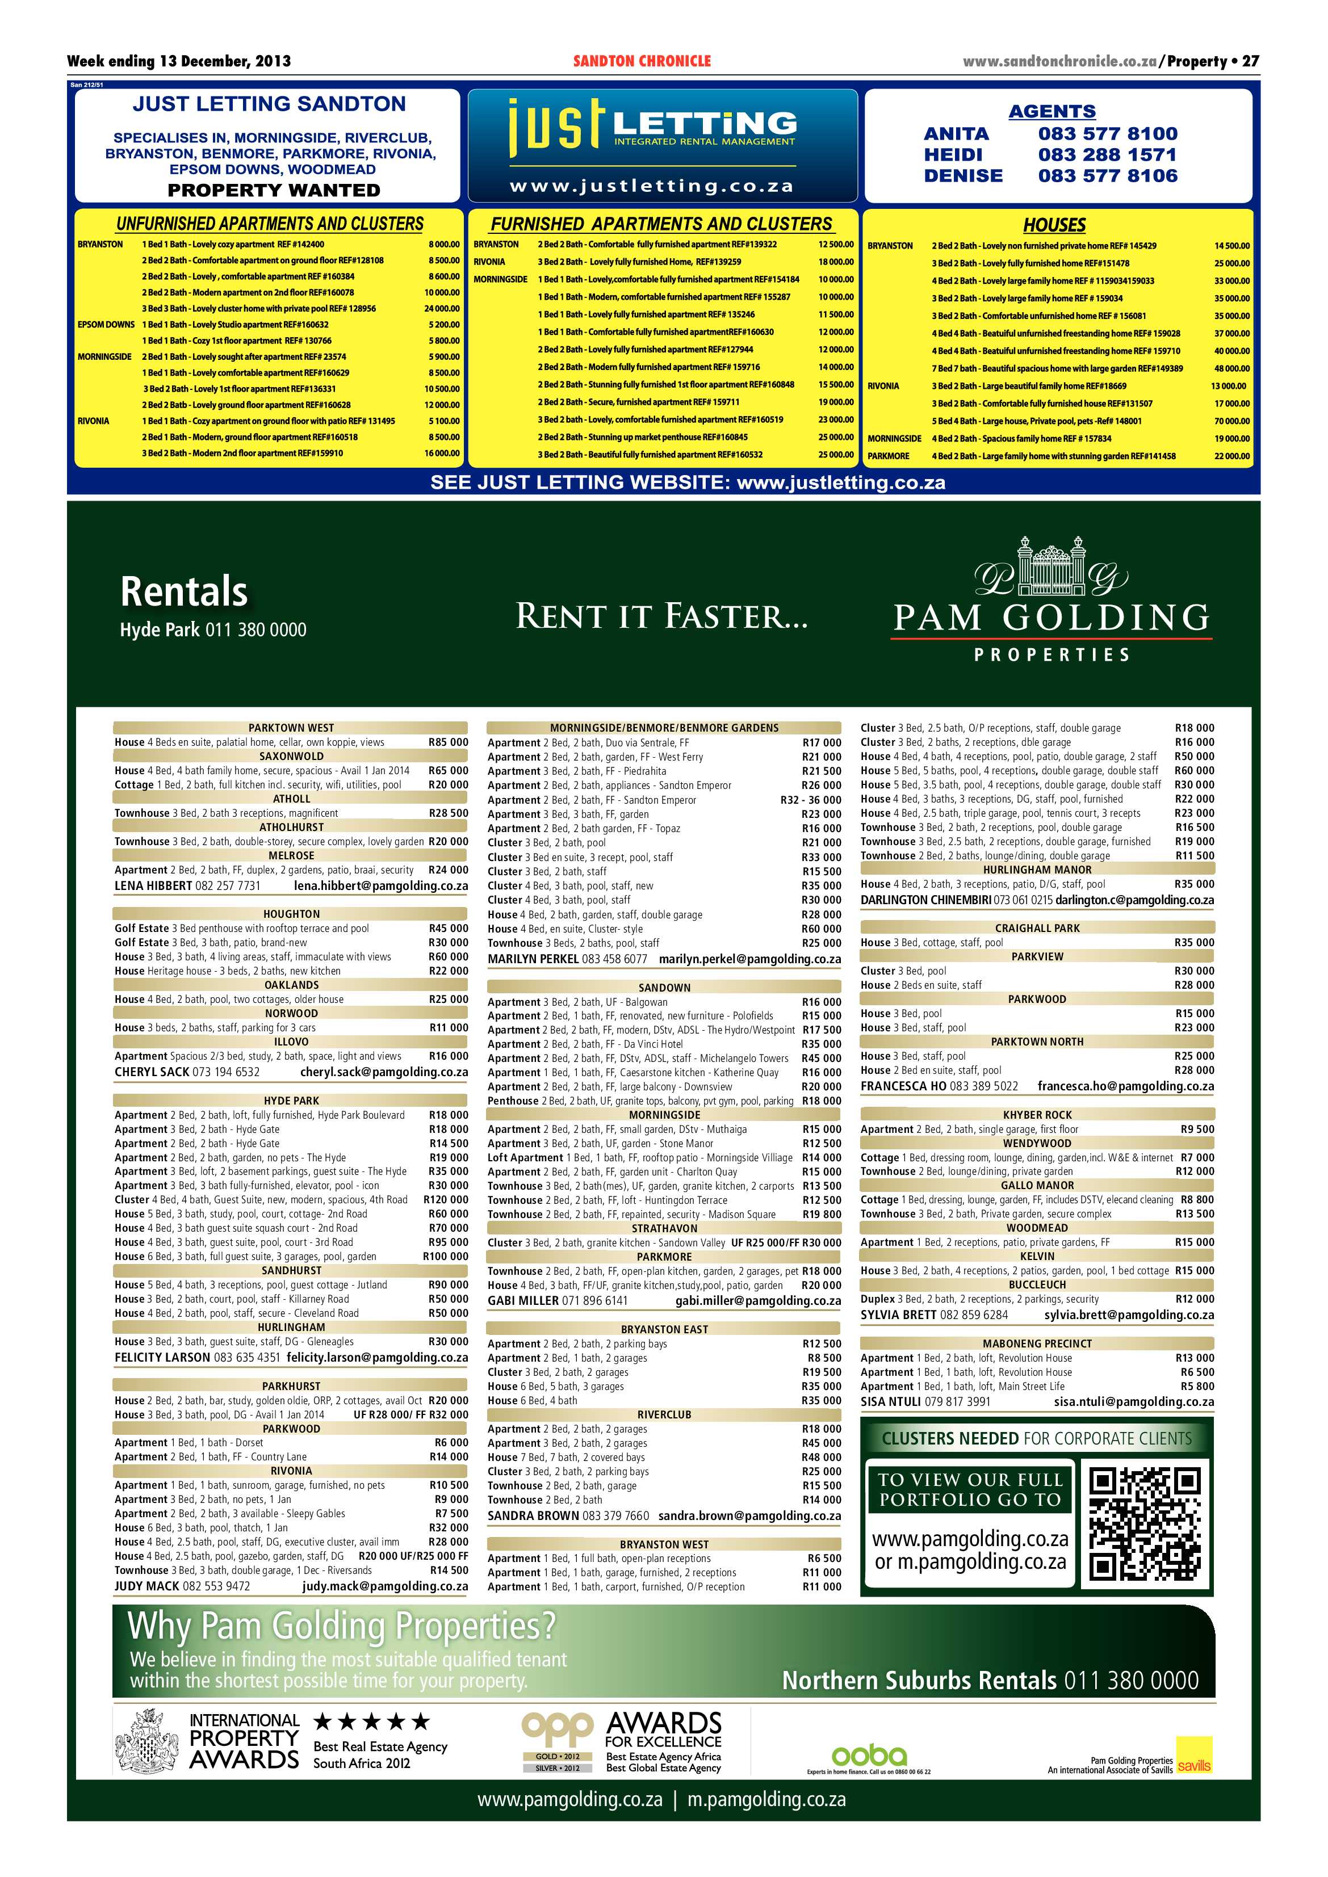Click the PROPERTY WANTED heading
pyautogui.click(x=274, y=191)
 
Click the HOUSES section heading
pyautogui.click(x=1054, y=225)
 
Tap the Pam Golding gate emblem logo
pyautogui.click(x=1051, y=568)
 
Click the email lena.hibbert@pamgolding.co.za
pyautogui.click(x=380, y=885)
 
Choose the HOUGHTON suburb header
pyautogui.click(x=291, y=914)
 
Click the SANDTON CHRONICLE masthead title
pyautogui.click(x=642, y=61)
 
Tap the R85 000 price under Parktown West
pyautogui.click(x=448, y=742)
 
